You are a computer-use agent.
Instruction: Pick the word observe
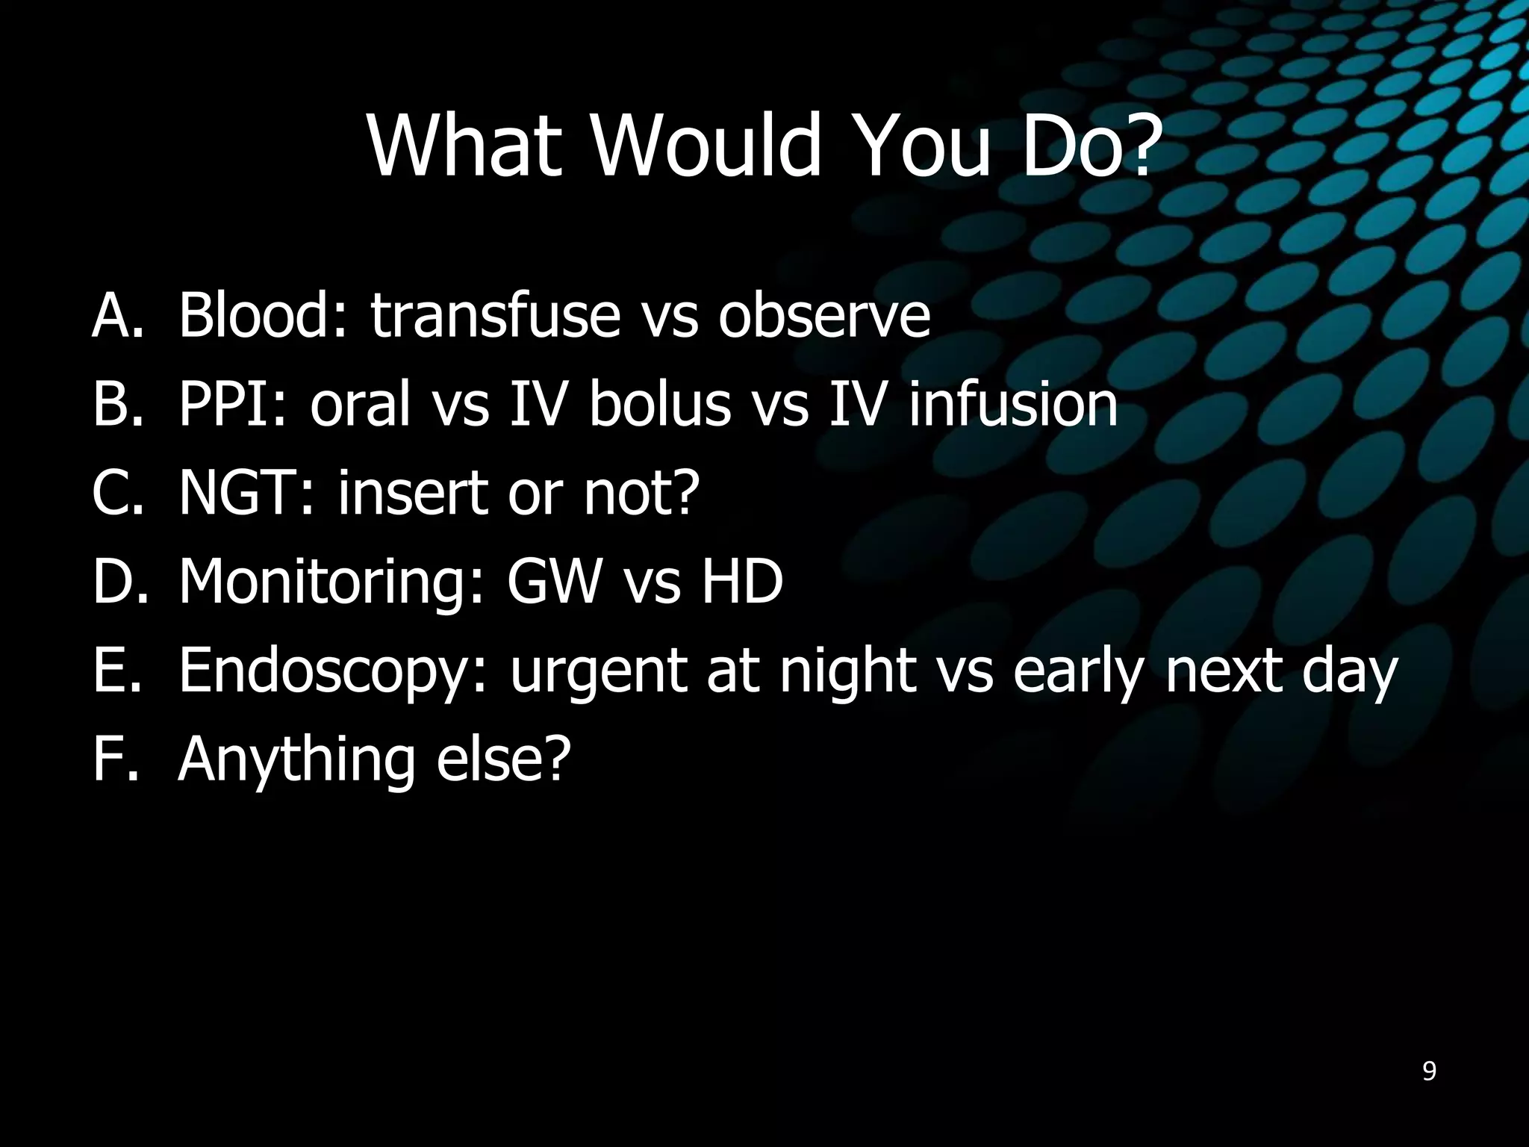tap(824, 315)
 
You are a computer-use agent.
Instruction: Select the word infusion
tap(1012, 404)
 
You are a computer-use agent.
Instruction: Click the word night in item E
tap(847, 671)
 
